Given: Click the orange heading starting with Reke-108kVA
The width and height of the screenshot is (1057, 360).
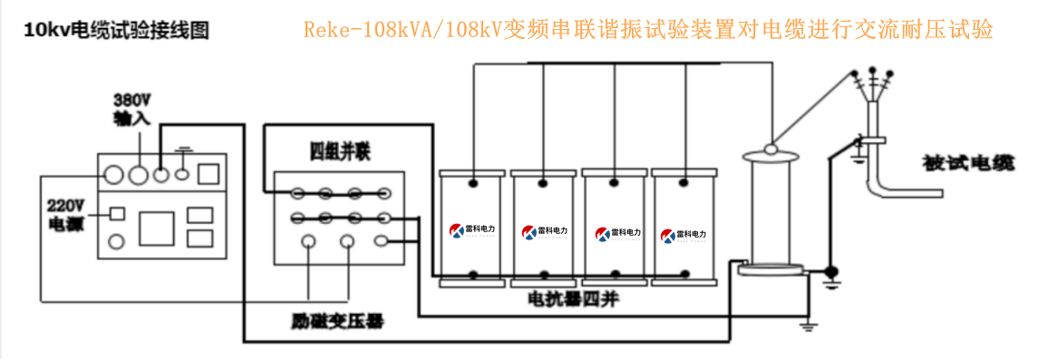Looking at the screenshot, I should pyautogui.click(x=648, y=30).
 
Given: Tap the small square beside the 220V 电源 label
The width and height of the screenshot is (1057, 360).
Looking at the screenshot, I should pyautogui.click(x=116, y=214).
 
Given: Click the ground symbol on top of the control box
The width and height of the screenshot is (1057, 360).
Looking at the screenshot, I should pyautogui.click(x=185, y=150).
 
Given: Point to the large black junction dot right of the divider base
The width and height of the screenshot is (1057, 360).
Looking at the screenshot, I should pyautogui.click(x=830, y=270).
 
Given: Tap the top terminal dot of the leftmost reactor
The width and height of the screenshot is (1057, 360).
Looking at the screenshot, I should pyautogui.click(x=472, y=184).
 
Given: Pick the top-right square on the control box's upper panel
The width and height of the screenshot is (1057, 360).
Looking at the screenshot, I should pyautogui.click(x=209, y=173).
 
